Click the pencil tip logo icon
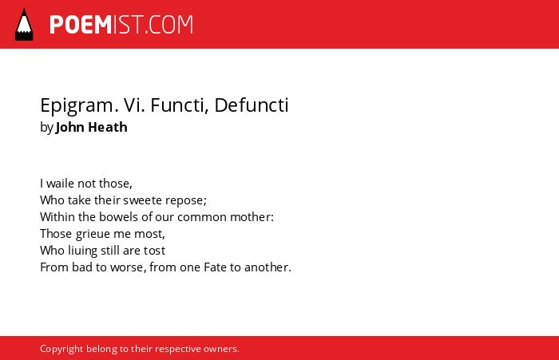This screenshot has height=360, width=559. (x=24, y=24)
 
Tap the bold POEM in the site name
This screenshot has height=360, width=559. (x=81, y=25)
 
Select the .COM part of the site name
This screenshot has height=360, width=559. (x=169, y=25)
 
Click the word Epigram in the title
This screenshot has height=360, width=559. (x=79, y=106)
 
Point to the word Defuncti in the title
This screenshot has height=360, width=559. (x=252, y=105)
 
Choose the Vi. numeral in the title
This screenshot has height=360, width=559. (x=134, y=105)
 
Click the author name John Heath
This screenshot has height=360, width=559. (x=92, y=127)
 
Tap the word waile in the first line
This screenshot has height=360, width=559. (x=60, y=184)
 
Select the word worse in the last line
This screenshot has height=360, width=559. (x=129, y=267)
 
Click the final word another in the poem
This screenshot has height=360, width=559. (x=268, y=267)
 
